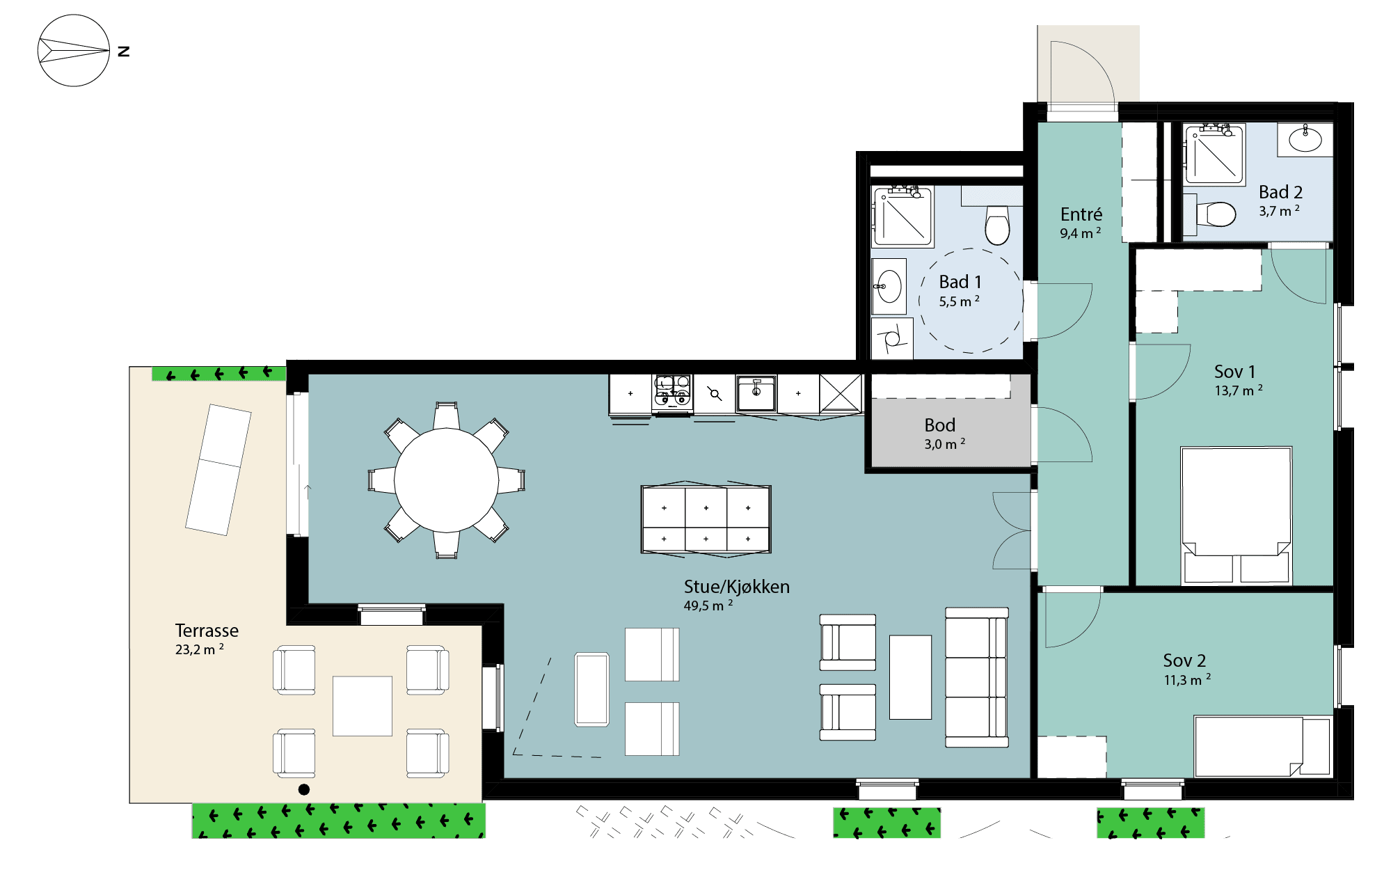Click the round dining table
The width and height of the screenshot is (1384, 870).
point(446,480)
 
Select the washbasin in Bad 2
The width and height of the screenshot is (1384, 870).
point(1305,140)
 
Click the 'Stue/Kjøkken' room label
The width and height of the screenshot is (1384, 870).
point(736,587)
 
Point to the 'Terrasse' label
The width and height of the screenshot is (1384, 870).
point(207,631)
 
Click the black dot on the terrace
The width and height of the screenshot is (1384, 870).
point(304,789)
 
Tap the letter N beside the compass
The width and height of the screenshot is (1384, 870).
point(124,51)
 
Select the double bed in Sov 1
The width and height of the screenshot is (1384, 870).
point(1236,516)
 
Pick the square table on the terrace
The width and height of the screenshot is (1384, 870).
point(363,706)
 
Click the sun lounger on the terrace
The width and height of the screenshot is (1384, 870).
point(218,470)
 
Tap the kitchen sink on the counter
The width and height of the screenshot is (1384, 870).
point(756,393)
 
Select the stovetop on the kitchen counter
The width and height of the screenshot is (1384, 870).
point(672,391)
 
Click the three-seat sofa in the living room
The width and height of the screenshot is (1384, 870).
point(977,677)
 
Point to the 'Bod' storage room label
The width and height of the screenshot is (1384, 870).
point(939,425)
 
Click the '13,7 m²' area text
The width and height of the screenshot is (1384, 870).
point(1239,390)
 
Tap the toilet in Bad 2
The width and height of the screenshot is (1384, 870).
point(1216,214)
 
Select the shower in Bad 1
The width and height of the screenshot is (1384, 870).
point(903,216)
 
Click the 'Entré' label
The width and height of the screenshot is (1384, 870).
point(1081,214)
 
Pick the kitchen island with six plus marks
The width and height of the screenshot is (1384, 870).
point(706,519)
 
